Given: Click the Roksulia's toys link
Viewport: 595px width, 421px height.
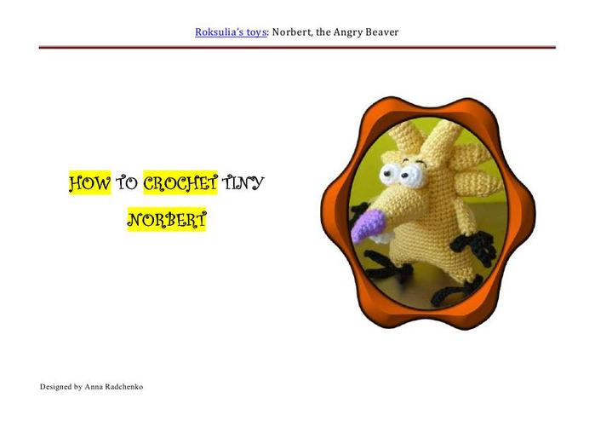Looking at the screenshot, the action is coord(231,32).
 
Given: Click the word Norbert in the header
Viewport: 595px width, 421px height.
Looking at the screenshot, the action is coord(292,32).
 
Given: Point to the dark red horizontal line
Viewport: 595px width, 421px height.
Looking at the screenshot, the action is coord(297,48).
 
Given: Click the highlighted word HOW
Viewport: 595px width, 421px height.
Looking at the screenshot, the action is coord(89,182).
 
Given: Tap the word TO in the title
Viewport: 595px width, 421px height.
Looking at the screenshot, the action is coord(126,182).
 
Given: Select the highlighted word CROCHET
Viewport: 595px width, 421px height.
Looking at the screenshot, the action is coord(180,182).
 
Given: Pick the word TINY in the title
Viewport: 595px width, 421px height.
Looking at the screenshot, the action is coord(243,182).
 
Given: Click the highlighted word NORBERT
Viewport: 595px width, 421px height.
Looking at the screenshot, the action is coord(167,219).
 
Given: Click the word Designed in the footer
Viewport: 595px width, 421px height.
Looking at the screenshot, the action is coord(56,387).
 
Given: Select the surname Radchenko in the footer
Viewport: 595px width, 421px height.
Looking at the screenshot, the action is coord(123,386).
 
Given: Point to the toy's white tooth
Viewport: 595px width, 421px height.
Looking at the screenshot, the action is coord(384,238).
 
